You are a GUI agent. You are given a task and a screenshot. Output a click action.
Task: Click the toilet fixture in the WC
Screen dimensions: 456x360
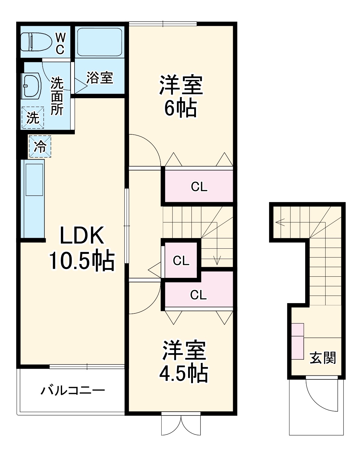(x=36, y=42)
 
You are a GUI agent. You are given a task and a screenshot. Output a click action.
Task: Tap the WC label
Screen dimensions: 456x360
(x=60, y=44)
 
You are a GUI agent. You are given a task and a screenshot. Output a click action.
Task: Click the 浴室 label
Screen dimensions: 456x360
(x=100, y=78)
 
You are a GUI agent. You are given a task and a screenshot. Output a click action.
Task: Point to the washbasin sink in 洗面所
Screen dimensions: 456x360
(x=31, y=85)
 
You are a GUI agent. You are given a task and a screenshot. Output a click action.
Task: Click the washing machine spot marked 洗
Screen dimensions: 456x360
(x=33, y=118)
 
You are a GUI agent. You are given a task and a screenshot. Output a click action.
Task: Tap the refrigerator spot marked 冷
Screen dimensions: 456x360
(x=40, y=147)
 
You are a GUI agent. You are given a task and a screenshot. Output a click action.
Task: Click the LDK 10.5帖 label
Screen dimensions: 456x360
(x=82, y=248)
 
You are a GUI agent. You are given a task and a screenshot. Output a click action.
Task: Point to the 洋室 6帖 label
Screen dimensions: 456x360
(x=181, y=96)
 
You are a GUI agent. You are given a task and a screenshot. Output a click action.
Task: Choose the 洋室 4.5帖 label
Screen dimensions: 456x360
(x=184, y=361)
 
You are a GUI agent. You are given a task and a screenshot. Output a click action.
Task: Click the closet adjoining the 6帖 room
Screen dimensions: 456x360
(x=199, y=186)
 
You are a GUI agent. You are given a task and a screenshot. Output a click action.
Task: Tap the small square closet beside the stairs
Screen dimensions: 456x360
(x=181, y=260)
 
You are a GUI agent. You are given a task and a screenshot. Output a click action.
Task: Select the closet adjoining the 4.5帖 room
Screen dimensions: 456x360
(x=198, y=294)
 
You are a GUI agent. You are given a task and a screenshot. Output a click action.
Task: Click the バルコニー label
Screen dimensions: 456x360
(x=73, y=390)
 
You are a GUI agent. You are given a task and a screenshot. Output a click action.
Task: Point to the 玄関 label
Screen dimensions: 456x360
(x=323, y=358)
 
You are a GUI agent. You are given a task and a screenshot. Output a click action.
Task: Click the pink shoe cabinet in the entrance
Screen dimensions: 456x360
(x=298, y=341)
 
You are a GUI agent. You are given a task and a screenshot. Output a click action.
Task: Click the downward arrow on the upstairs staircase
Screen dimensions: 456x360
(x=217, y=260)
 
